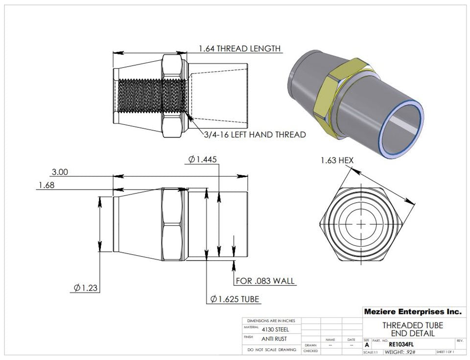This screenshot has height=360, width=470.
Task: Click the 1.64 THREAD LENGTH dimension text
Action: coord(239,48)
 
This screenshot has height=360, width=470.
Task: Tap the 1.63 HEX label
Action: coord(337,160)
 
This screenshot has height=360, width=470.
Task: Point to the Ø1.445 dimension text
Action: coord(202,159)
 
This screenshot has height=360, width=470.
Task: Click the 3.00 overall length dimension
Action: coord(60,172)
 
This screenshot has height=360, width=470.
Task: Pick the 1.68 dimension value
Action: coord(46,185)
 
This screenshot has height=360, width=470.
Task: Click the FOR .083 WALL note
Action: coord(265,281)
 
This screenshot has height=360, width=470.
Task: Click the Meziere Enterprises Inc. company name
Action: coord(412,312)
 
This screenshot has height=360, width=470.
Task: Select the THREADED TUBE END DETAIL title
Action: coord(412,329)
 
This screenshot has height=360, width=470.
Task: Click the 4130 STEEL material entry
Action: coord(271,330)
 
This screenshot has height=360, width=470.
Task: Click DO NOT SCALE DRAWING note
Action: coord(272,350)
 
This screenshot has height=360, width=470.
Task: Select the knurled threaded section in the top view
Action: coord(152,97)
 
